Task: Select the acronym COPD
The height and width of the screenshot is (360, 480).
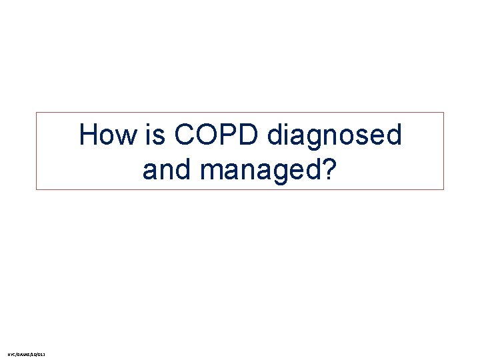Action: (x=217, y=135)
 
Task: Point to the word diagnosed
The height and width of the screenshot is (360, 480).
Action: (x=335, y=137)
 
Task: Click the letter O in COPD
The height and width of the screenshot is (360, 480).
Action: (x=207, y=135)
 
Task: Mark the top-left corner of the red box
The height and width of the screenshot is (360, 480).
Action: (x=37, y=113)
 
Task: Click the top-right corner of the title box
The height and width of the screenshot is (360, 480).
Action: (x=443, y=113)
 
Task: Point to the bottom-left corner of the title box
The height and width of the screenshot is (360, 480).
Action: (x=37, y=189)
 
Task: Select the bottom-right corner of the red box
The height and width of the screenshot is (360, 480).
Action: (x=443, y=189)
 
